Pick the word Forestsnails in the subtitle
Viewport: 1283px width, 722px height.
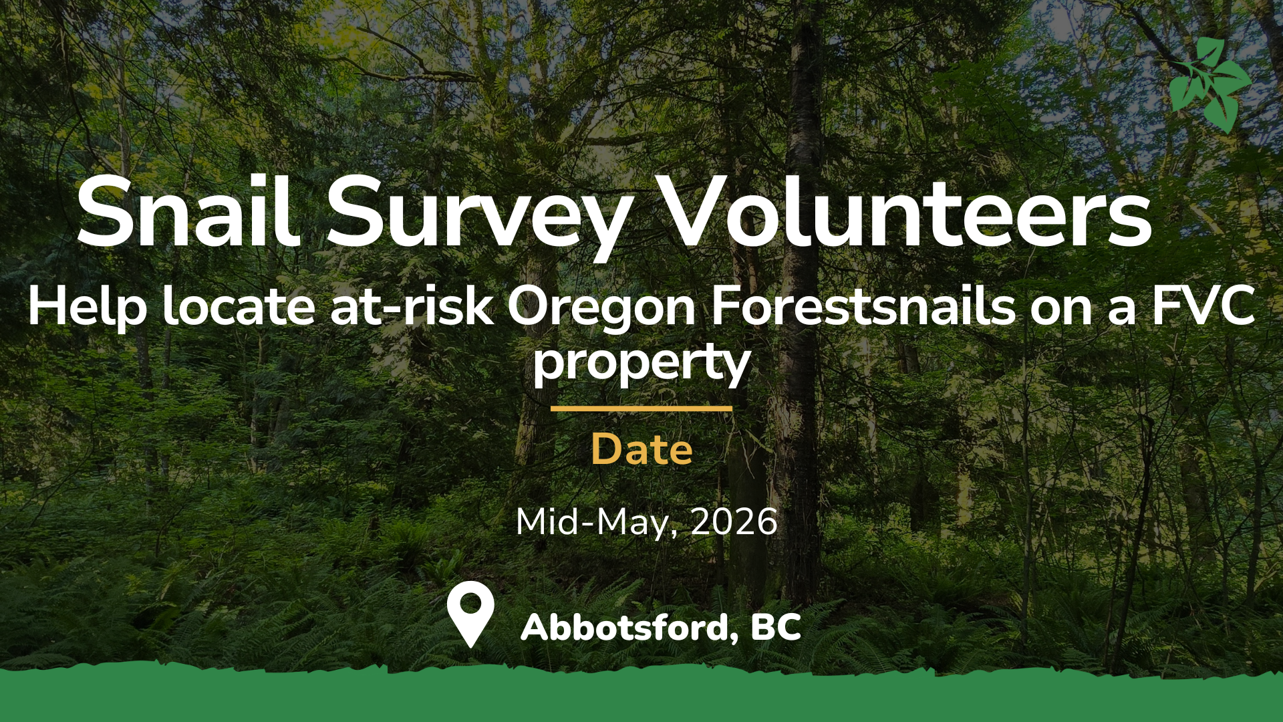pyautogui.click(x=863, y=307)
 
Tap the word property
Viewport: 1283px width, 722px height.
pyautogui.click(x=641, y=365)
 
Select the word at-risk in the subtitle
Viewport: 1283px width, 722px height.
pyautogui.click(x=412, y=307)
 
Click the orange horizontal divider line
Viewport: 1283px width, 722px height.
pyautogui.click(x=641, y=408)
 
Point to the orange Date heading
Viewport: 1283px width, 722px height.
pyautogui.click(x=641, y=449)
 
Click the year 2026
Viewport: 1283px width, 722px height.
pyautogui.click(x=734, y=521)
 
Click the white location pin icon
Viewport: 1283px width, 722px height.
pyautogui.click(x=470, y=614)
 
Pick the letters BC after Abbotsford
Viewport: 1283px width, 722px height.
pyautogui.click(x=776, y=627)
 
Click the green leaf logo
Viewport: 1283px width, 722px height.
pyautogui.click(x=1210, y=85)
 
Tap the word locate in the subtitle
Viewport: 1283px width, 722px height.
pyautogui.click(x=239, y=307)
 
